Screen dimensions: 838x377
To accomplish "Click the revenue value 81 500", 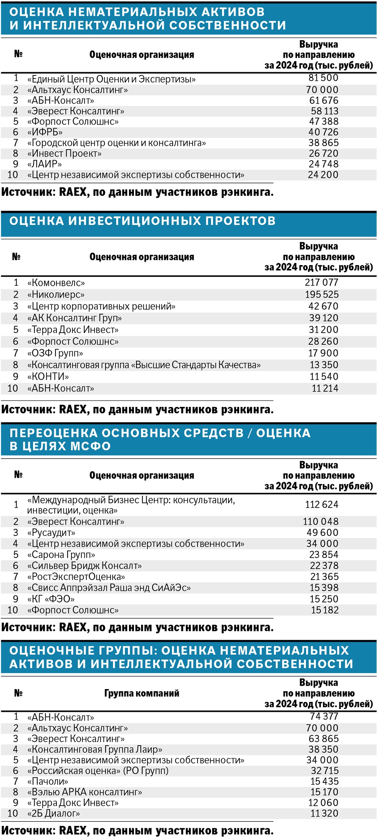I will pyautogui.click(x=323, y=78).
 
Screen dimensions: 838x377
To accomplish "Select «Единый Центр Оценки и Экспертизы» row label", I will pyautogui.click(x=111, y=79).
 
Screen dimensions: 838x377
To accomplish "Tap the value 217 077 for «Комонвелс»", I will pyautogui.click(x=322, y=282).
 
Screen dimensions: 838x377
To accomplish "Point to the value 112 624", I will pyautogui.click(x=322, y=505).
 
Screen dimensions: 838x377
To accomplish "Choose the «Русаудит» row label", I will pyautogui.click(x=51, y=533).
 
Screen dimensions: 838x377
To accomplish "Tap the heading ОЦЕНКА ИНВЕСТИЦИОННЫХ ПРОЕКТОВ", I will pyautogui.click(x=142, y=221).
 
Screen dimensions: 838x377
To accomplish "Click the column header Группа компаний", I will pyautogui.click(x=141, y=693).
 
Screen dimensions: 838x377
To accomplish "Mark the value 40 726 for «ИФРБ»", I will pyautogui.click(x=323, y=132).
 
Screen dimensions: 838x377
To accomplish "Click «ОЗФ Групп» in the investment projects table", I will pyautogui.click(x=55, y=353).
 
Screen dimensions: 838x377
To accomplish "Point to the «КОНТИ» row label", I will pyautogui.click(x=48, y=377).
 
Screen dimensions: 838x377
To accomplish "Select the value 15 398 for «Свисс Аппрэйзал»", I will pyautogui.click(x=324, y=588).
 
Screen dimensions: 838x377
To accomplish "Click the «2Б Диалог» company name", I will pyautogui.click(x=53, y=813).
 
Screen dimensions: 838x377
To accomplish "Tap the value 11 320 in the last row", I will pyautogui.click(x=324, y=813).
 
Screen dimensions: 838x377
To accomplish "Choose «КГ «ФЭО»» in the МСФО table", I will pyautogui.click(x=51, y=599).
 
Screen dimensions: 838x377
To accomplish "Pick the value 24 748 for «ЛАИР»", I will pyautogui.click(x=323, y=164).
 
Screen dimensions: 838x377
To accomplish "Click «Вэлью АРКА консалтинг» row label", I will pyautogui.click(x=84, y=792).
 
